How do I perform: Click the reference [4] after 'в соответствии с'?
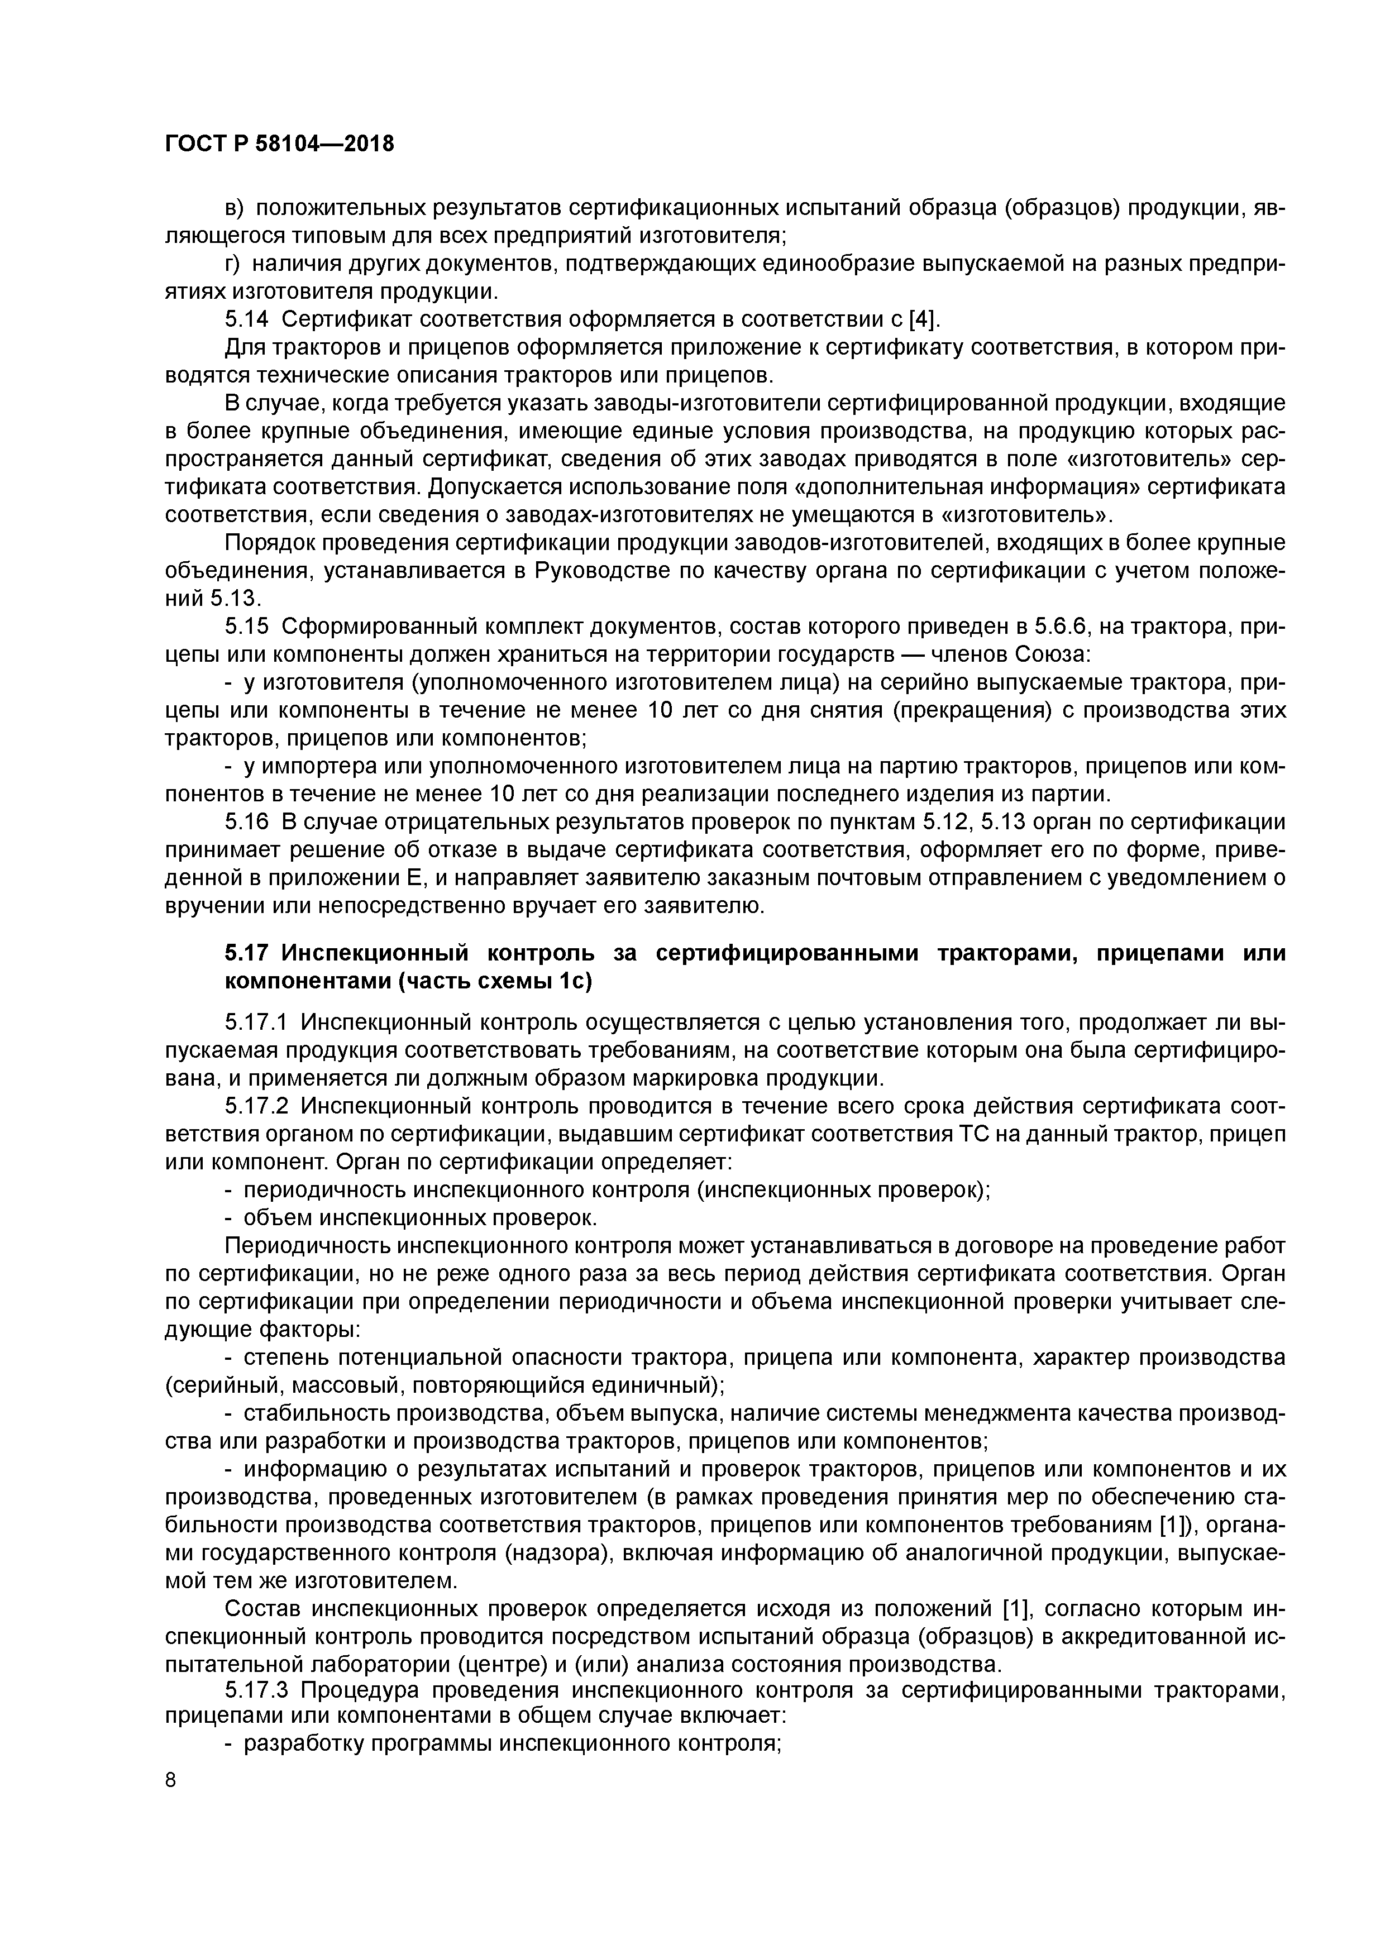921,319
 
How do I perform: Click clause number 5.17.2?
257,1107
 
